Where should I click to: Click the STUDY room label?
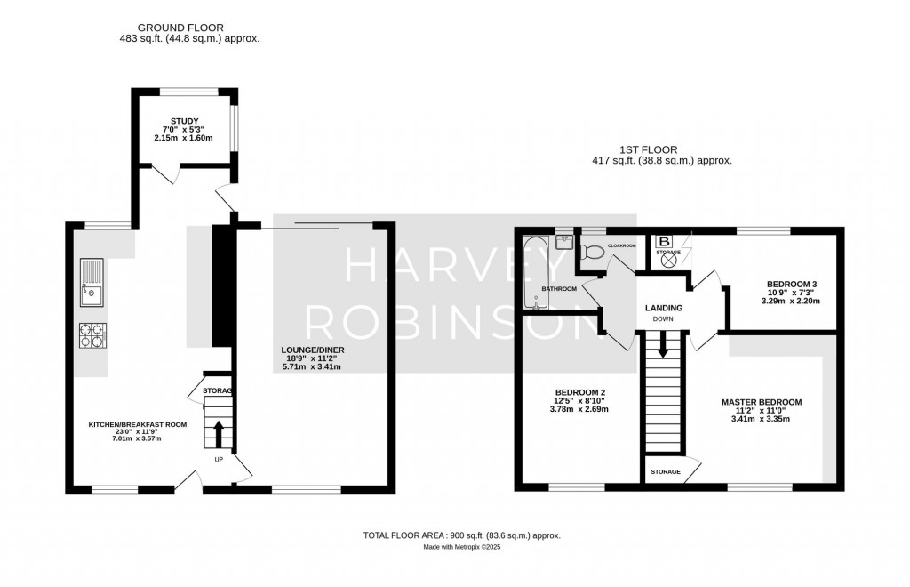pyautogui.click(x=185, y=121)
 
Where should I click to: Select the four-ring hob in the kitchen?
pyautogui.click(x=92, y=336)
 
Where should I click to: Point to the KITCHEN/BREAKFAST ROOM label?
pyautogui.click(x=137, y=425)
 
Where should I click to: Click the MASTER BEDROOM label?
pyautogui.click(x=761, y=402)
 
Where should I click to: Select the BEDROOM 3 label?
pyautogui.click(x=791, y=285)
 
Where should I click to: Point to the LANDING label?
pyautogui.click(x=663, y=308)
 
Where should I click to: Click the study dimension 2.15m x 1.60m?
pyautogui.click(x=185, y=140)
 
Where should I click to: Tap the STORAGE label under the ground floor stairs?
pyautogui.click(x=217, y=390)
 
